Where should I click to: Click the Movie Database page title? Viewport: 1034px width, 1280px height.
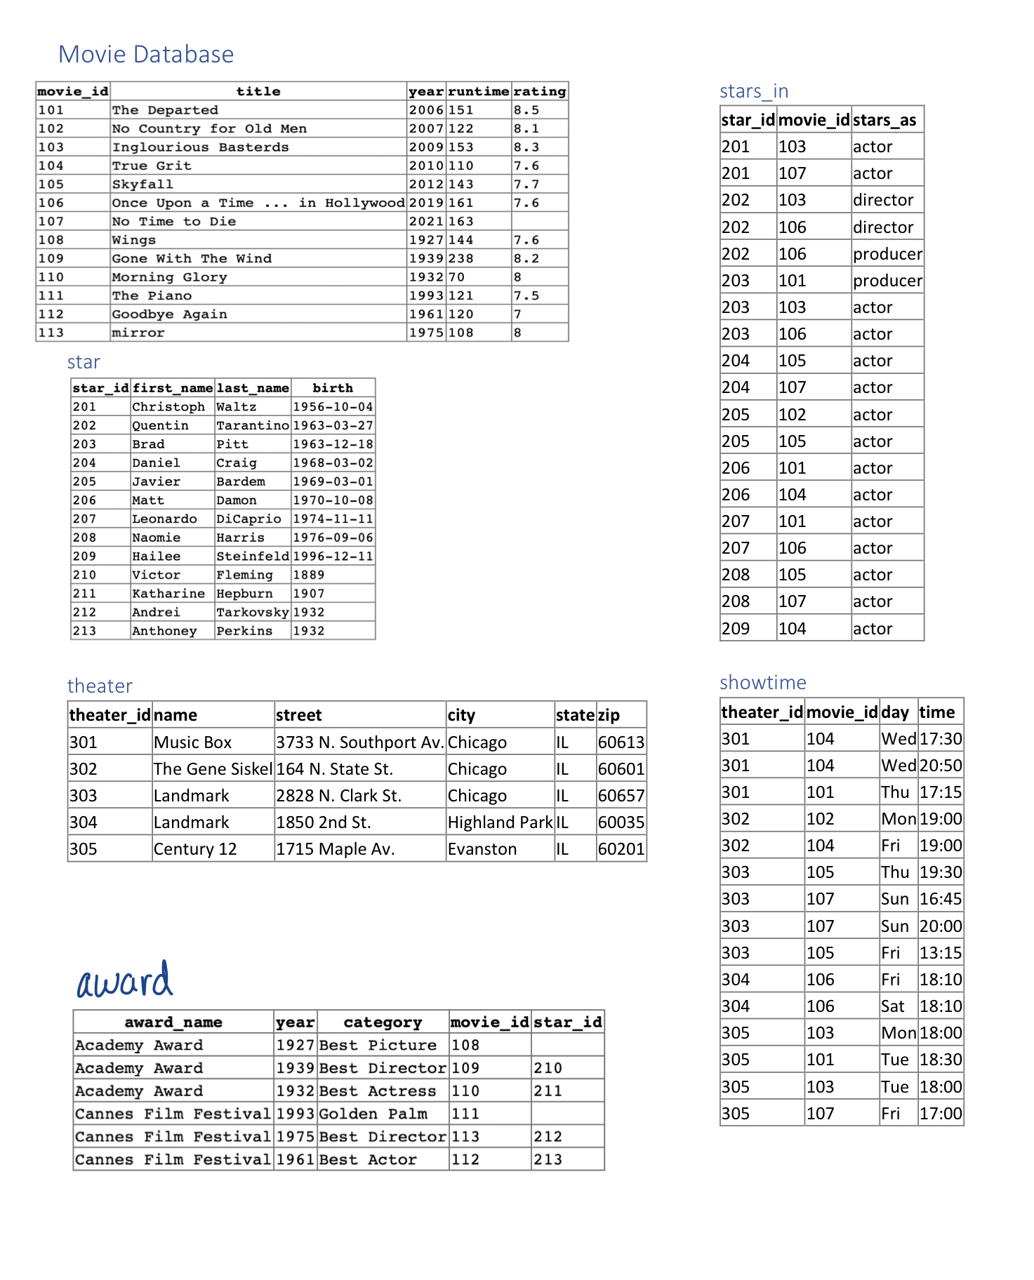[x=146, y=55]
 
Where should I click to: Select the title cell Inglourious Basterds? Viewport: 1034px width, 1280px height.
[x=200, y=147]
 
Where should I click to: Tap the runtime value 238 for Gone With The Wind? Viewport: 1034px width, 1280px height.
[x=461, y=258]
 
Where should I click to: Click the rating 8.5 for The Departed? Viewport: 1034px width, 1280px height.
[x=526, y=110]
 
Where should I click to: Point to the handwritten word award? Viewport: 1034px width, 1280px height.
[x=125, y=980]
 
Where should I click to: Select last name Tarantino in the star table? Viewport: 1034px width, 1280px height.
[x=252, y=425]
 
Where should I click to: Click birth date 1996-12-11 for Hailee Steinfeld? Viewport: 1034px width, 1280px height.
[x=333, y=556]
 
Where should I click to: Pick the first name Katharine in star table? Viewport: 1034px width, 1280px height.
[x=168, y=594]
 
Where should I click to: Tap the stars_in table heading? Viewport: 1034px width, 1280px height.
[x=754, y=91]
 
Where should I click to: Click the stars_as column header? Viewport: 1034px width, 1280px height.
[x=884, y=120]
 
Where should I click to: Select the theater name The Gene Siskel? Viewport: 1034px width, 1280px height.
[x=213, y=769]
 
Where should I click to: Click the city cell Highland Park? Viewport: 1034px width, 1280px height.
[x=500, y=822]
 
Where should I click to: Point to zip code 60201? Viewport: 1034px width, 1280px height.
[x=621, y=849]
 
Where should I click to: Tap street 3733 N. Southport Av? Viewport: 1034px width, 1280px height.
[x=359, y=742]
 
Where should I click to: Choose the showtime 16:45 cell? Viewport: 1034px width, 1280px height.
[x=941, y=899]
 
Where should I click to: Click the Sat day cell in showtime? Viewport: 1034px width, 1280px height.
[x=893, y=1006]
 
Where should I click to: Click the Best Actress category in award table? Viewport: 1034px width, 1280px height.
[x=377, y=1091]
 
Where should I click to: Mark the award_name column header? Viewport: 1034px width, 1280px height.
[x=173, y=1022]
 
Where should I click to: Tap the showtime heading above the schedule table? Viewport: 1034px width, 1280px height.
[x=762, y=683]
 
